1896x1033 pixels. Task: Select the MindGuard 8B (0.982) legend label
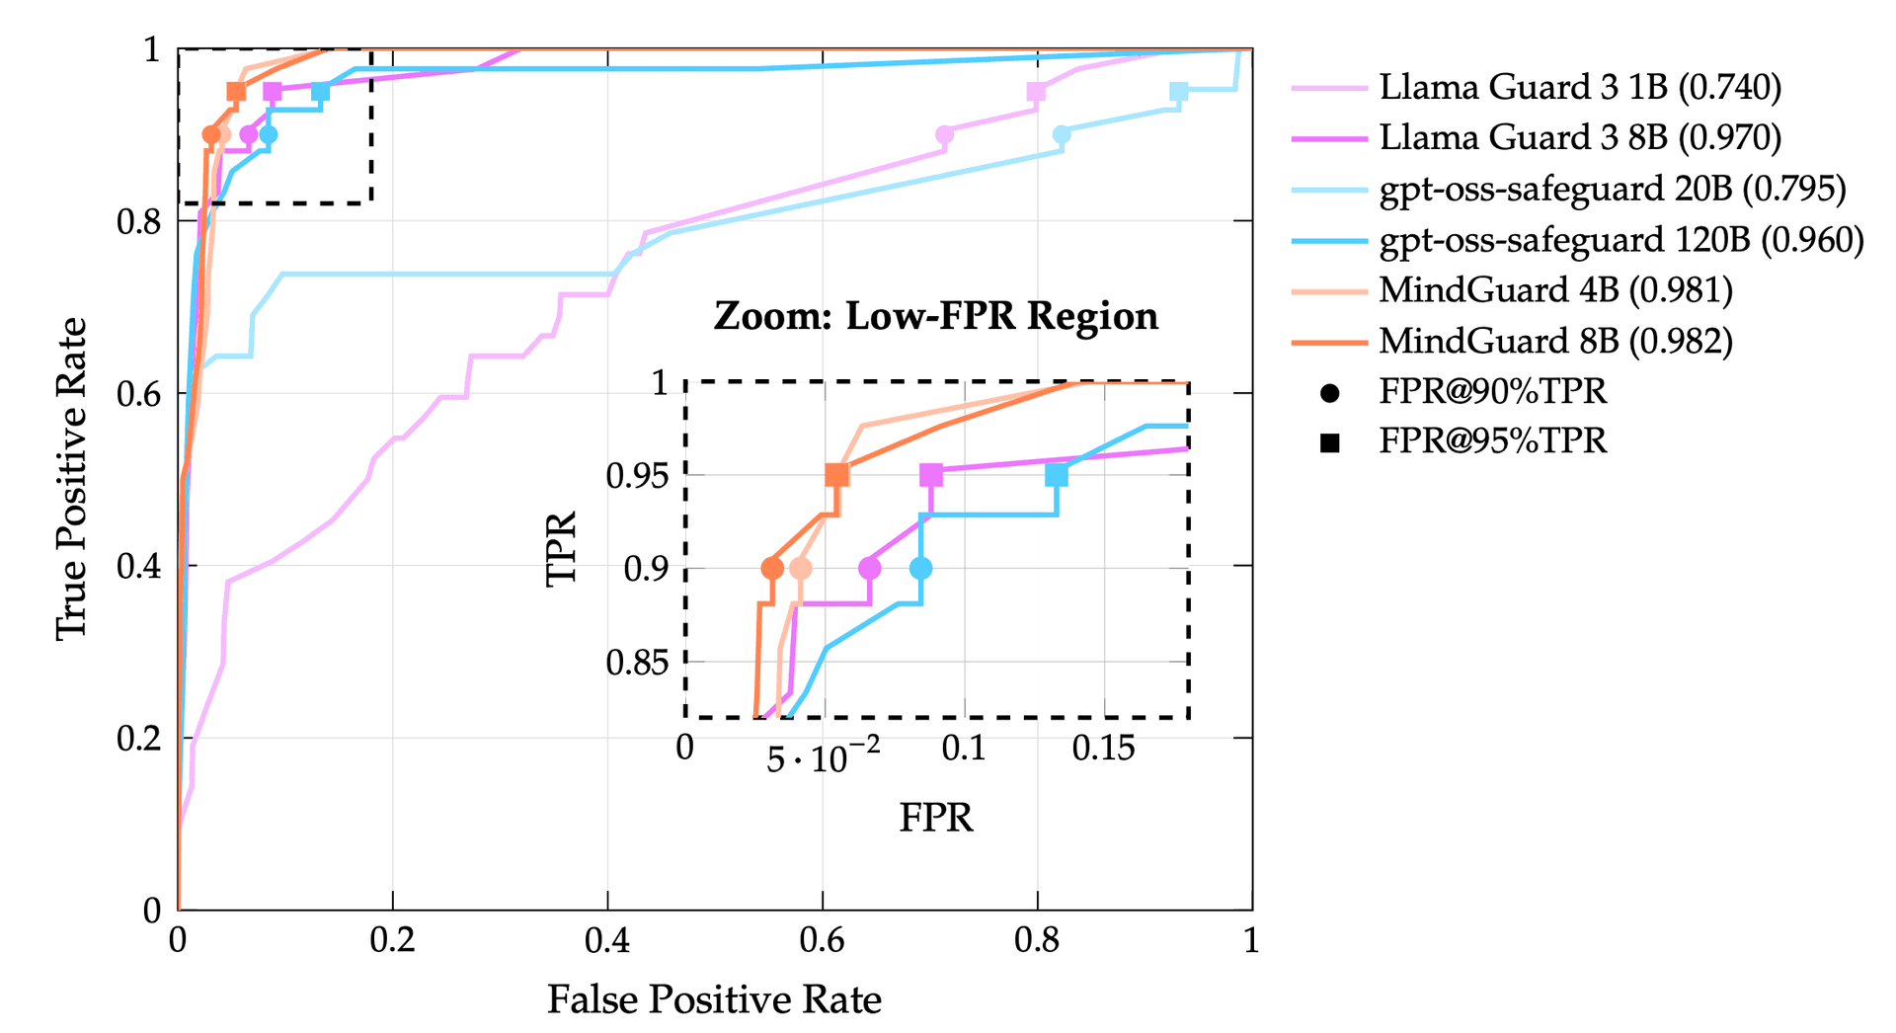tap(1555, 341)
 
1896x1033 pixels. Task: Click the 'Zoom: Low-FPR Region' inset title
tap(935, 316)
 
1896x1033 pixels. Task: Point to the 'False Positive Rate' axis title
tap(714, 999)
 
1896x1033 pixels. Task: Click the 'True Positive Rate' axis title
tap(71, 478)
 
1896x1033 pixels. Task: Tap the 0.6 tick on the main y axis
tap(138, 394)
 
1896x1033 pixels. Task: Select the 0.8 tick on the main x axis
tap(1037, 940)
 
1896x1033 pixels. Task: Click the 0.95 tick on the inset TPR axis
tap(637, 476)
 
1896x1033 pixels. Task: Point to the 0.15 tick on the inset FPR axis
tap(1103, 749)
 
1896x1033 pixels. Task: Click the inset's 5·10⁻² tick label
tap(823, 756)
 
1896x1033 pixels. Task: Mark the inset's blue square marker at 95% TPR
tap(1057, 475)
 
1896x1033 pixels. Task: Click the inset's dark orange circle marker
tap(772, 568)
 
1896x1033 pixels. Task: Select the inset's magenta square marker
tap(930, 475)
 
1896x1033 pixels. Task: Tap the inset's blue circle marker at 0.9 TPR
tap(920, 568)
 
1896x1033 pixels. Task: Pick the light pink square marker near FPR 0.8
tap(1036, 92)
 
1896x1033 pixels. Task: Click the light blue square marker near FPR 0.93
tap(1178, 92)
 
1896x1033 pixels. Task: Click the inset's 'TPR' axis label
tap(561, 549)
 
